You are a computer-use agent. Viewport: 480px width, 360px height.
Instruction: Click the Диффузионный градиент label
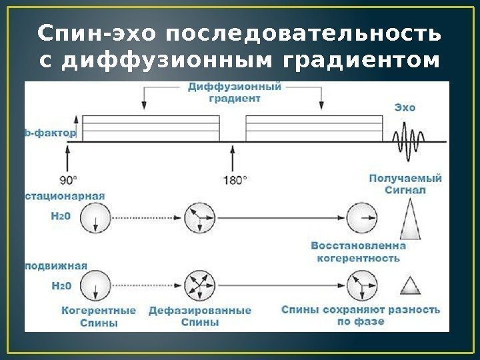click(233, 92)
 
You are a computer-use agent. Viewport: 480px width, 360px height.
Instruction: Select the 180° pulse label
click(233, 180)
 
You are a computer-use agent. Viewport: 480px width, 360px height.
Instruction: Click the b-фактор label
click(51, 133)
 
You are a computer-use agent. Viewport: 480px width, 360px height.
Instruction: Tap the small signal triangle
click(409, 286)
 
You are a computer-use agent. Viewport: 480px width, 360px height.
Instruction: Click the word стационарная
click(65, 196)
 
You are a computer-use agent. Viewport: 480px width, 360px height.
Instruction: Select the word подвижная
click(56, 265)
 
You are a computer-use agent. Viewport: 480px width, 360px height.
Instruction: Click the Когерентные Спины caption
click(98, 316)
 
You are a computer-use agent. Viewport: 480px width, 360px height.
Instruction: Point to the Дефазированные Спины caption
click(200, 316)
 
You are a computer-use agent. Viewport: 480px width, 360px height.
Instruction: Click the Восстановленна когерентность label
click(358, 251)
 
